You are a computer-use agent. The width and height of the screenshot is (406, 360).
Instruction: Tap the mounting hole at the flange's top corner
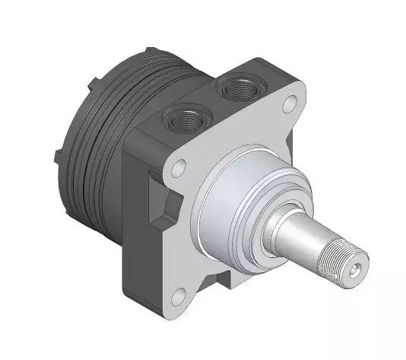tap(291, 104)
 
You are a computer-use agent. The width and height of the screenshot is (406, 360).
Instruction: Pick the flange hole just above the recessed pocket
tap(176, 167)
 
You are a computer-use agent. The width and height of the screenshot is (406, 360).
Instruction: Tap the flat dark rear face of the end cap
tap(76, 129)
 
